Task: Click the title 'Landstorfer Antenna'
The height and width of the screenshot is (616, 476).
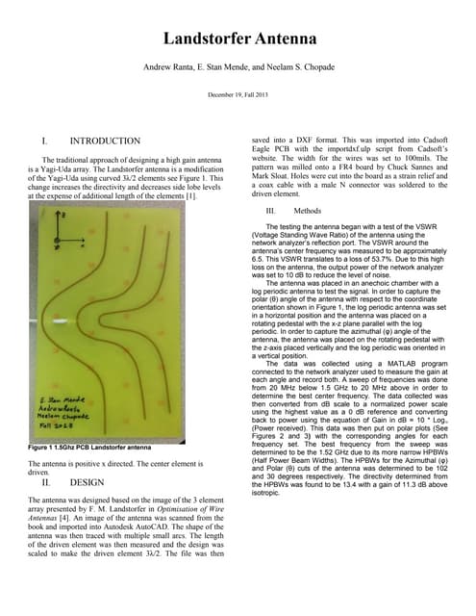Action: (238, 38)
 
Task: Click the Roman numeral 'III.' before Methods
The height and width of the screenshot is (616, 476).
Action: (271, 210)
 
